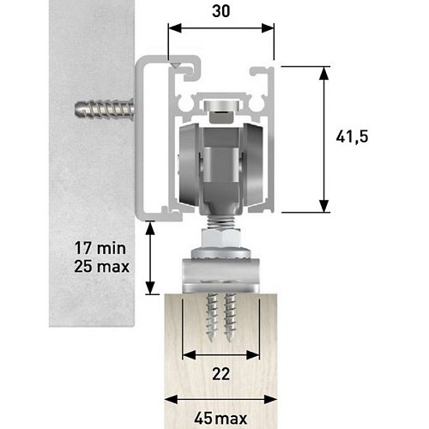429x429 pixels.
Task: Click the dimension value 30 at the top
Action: pyautogui.click(x=221, y=11)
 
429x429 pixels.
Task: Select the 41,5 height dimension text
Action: pyautogui.click(x=352, y=136)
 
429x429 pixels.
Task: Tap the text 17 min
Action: pyautogui.click(x=100, y=248)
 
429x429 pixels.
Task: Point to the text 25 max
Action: pyautogui.click(x=101, y=266)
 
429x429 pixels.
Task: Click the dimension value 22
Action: pyautogui.click(x=221, y=374)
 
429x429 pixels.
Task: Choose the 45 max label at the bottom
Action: pyautogui.click(x=221, y=419)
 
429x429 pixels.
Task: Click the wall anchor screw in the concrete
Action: pyautogui.click(x=105, y=109)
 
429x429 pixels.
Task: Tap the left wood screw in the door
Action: pyautogui.click(x=212, y=317)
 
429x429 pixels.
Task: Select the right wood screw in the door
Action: pyautogui.click(x=230, y=317)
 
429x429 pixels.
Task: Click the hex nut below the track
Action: pyautogui.click(x=221, y=239)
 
